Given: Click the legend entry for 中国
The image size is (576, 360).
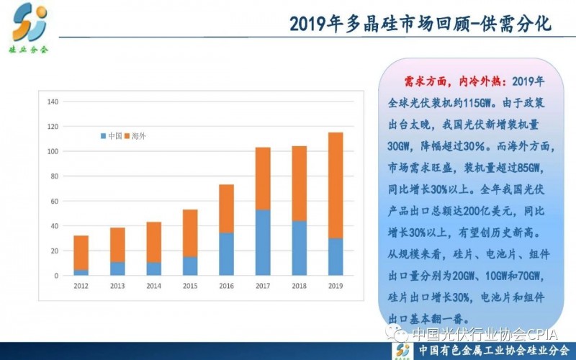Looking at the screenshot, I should pos(112,135).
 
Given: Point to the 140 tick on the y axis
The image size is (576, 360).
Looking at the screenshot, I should pos(52,102).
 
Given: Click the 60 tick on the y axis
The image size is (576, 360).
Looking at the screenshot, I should pos(53,201).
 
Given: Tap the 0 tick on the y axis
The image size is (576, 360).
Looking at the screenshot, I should pos(55,276).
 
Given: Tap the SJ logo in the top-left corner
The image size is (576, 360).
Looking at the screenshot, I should pos(29,23).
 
